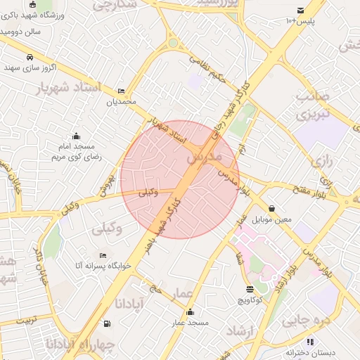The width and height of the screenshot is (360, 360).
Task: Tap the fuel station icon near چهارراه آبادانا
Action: (106, 324)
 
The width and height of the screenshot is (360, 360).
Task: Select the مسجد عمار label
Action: (188, 323)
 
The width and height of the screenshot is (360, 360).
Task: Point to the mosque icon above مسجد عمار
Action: (188, 312)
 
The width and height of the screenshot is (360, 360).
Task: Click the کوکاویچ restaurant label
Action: (250, 300)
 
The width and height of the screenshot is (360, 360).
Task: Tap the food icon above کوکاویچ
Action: (250, 288)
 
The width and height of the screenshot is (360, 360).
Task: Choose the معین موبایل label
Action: (272, 219)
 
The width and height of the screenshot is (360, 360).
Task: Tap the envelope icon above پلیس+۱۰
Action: (301, 10)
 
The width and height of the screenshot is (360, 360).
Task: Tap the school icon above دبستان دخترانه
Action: (310, 342)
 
